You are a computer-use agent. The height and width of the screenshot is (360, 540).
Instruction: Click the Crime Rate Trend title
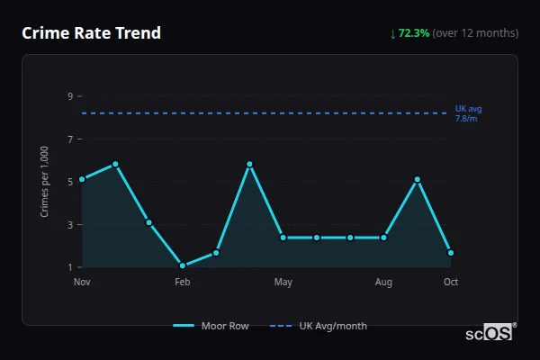pyautogui.click(x=91, y=33)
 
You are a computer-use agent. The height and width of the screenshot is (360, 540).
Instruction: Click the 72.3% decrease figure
pyautogui.click(x=409, y=33)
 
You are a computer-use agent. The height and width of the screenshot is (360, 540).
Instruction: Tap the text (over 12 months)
pyautogui.click(x=475, y=33)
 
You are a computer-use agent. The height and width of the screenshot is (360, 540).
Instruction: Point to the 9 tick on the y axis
pyautogui.click(x=70, y=96)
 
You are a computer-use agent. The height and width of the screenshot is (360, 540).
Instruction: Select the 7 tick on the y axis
pyautogui.click(x=70, y=139)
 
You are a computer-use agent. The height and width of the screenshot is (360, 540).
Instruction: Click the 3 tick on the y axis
pyautogui.click(x=70, y=225)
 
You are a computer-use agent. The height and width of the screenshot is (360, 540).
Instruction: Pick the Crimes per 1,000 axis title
pyautogui.click(x=45, y=182)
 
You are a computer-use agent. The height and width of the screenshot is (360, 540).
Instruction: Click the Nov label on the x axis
pyautogui.click(x=82, y=283)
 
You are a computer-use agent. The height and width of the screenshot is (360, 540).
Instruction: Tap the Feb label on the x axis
pyautogui.click(x=183, y=283)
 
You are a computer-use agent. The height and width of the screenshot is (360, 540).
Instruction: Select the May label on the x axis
pyautogui.click(x=283, y=283)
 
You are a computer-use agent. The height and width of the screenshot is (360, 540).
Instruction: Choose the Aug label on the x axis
pyautogui.click(x=383, y=283)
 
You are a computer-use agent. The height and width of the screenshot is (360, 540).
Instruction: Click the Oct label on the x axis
pyautogui.click(x=451, y=283)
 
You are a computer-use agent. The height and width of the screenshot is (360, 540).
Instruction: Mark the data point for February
pyautogui.click(x=183, y=265)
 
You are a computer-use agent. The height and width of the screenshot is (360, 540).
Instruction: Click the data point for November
pyautogui.click(x=82, y=179)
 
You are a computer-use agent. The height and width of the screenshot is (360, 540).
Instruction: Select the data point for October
pyautogui.click(x=451, y=253)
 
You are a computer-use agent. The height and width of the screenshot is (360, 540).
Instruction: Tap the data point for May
pyautogui.click(x=283, y=238)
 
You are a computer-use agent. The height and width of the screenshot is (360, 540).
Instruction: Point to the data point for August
pyautogui.click(x=383, y=238)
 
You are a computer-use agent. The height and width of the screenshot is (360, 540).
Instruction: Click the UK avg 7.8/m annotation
pyautogui.click(x=468, y=113)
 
